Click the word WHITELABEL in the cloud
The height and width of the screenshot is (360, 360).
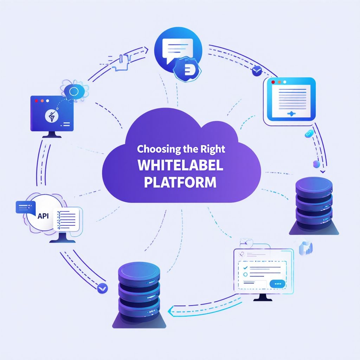[180, 165]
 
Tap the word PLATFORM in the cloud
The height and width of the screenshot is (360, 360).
[180, 182]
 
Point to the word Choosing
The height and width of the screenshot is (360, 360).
[159, 149]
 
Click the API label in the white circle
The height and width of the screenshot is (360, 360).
[43, 216]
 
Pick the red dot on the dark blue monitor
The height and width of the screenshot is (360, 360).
[36, 101]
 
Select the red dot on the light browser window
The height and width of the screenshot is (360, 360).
[273, 82]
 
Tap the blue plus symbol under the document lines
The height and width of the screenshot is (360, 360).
[291, 114]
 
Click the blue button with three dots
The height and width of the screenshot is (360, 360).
[278, 284]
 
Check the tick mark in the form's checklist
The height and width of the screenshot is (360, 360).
[245, 268]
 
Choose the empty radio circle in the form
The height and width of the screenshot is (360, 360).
[245, 274]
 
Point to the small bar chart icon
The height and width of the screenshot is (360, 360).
[306, 248]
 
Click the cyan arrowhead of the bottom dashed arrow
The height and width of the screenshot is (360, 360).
[171, 311]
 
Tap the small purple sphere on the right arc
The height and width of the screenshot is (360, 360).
[317, 164]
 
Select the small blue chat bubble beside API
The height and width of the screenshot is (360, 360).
[25, 207]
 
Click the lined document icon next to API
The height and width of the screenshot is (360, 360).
[66, 220]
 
